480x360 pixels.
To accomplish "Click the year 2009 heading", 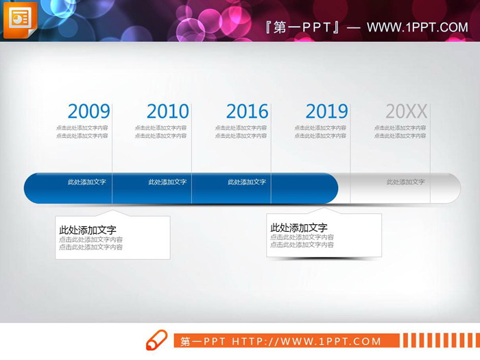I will click(x=89, y=111).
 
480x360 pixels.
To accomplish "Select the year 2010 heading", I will click(x=168, y=111).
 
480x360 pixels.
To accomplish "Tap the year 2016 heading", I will click(x=247, y=111).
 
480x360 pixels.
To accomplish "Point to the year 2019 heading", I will click(x=326, y=111).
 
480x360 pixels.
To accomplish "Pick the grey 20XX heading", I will click(x=406, y=111).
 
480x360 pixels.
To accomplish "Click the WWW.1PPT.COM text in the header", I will click(x=417, y=27).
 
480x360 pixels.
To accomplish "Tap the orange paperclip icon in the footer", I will click(x=156, y=340).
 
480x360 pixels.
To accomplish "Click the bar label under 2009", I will click(x=86, y=182).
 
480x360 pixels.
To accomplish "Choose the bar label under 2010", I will click(x=167, y=182).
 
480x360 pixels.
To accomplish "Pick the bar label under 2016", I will click(x=247, y=182).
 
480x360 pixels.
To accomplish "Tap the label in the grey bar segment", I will click(x=405, y=182).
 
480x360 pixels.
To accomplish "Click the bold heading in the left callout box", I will click(x=88, y=230).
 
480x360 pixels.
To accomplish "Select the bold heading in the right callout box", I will click(x=299, y=228).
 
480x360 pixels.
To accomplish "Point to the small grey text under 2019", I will click(x=320, y=132).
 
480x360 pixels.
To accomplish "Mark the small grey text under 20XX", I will click(x=400, y=132).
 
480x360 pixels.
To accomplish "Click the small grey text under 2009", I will click(x=82, y=132).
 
